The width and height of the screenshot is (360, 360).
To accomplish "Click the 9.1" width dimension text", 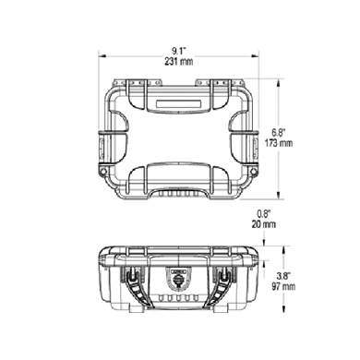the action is tap(179, 51).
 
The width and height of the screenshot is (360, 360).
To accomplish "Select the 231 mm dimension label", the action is tap(179, 61).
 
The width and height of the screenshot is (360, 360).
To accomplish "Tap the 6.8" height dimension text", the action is tap(279, 133).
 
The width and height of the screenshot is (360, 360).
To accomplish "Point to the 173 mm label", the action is tap(279, 143).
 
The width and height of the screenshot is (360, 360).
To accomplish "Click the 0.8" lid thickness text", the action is tap(264, 213).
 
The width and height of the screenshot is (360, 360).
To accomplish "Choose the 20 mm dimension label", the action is tap(264, 224).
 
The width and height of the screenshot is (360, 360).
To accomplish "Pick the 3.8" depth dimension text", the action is tap(283, 275).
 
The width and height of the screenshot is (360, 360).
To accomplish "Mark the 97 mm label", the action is tap(283, 286).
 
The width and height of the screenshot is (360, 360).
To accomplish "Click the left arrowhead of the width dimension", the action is tap(102, 56).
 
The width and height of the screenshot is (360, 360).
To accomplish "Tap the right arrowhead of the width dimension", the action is tap(256, 56).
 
